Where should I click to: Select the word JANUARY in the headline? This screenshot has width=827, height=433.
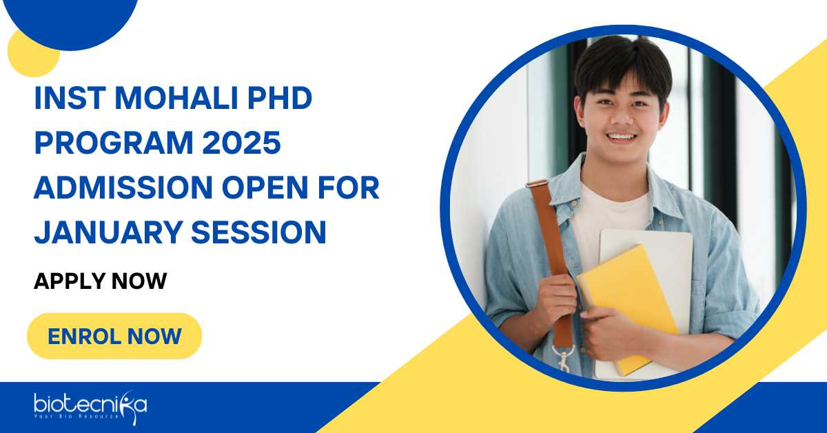(108, 233)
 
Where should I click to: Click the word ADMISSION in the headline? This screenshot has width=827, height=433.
(123, 188)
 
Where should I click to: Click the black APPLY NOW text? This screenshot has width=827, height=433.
(101, 281)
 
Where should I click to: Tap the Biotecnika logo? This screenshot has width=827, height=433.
(90, 407)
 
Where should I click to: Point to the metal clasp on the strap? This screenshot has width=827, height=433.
(564, 356)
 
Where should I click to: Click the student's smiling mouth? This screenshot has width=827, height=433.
(622, 138)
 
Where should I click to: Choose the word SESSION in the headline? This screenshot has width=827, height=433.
(259, 233)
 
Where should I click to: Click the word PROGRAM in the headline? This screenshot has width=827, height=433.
(114, 143)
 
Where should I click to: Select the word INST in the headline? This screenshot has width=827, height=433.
(70, 99)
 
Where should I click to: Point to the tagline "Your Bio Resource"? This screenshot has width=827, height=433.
(76, 416)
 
